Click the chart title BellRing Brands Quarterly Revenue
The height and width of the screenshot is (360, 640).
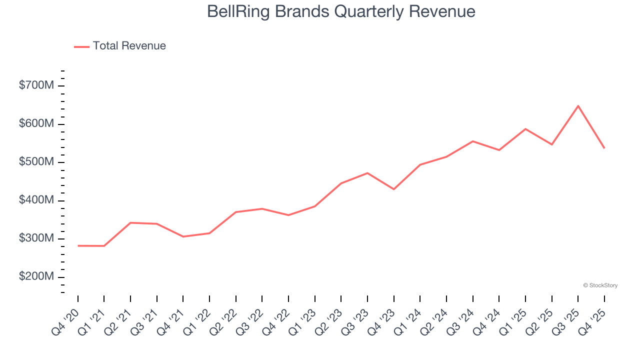click(x=341, y=11)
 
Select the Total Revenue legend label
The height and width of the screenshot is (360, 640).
click(x=129, y=46)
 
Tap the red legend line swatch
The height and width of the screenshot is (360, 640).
click(x=82, y=46)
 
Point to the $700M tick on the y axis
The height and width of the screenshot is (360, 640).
click(x=36, y=85)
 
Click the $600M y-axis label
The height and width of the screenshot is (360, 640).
click(x=36, y=124)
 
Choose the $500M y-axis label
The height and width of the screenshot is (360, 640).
click(x=36, y=162)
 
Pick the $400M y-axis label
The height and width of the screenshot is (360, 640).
click(x=36, y=200)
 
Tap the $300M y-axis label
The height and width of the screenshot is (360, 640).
click(x=36, y=239)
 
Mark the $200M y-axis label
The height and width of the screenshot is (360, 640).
click(x=36, y=277)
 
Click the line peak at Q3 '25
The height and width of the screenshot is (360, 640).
click(x=578, y=106)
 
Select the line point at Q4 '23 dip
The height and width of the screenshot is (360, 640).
click(x=393, y=189)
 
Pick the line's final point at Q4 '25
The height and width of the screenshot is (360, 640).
click(x=604, y=148)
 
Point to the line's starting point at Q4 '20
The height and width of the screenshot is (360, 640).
click(x=78, y=246)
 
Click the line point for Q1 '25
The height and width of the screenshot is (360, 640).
click(x=525, y=129)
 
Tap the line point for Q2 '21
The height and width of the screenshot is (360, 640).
click(x=130, y=222)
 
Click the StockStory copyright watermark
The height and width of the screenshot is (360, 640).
click(x=600, y=285)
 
